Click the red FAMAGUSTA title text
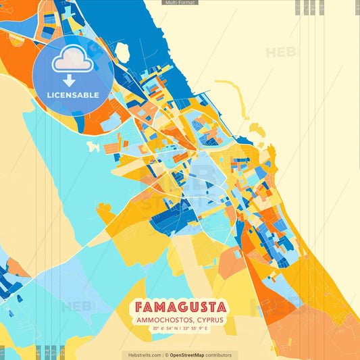coord(180,307)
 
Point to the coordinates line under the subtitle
coord(180,328)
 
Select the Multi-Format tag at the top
coord(180,3)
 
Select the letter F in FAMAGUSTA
coord(142,307)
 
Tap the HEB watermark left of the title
coord(76,306)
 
